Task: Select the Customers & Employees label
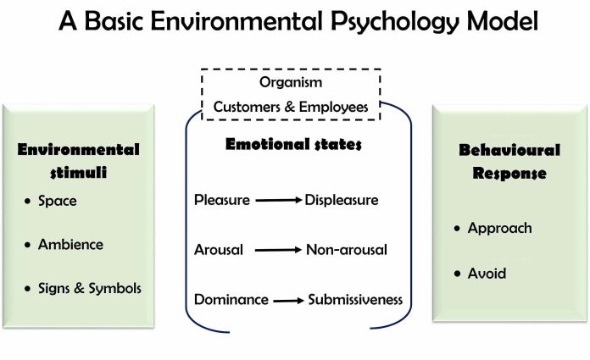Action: pos(291,107)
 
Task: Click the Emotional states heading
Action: pos(293,144)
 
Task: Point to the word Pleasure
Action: pos(222,201)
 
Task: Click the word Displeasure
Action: pos(342,201)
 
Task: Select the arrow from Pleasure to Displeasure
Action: pos(278,201)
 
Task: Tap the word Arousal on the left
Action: pos(219,250)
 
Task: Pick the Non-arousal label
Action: pos(348,250)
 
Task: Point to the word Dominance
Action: pos(231,299)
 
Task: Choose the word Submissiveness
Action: pos(355,299)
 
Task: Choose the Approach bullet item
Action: pos(499,228)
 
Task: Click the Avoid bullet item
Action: pos(487,274)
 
